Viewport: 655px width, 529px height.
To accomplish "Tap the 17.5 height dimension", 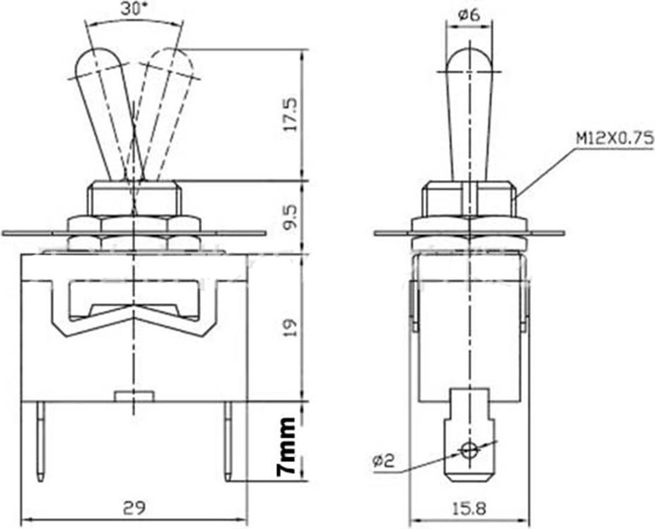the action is click(x=291, y=115).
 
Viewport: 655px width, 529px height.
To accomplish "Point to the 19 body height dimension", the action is click(x=291, y=328).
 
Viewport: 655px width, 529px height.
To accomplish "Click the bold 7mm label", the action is click(x=288, y=446).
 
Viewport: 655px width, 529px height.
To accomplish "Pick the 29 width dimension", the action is click(x=134, y=509).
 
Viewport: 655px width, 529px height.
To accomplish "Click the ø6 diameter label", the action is click(x=469, y=15).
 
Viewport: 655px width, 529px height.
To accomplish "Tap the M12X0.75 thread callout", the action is click(x=615, y=138).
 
